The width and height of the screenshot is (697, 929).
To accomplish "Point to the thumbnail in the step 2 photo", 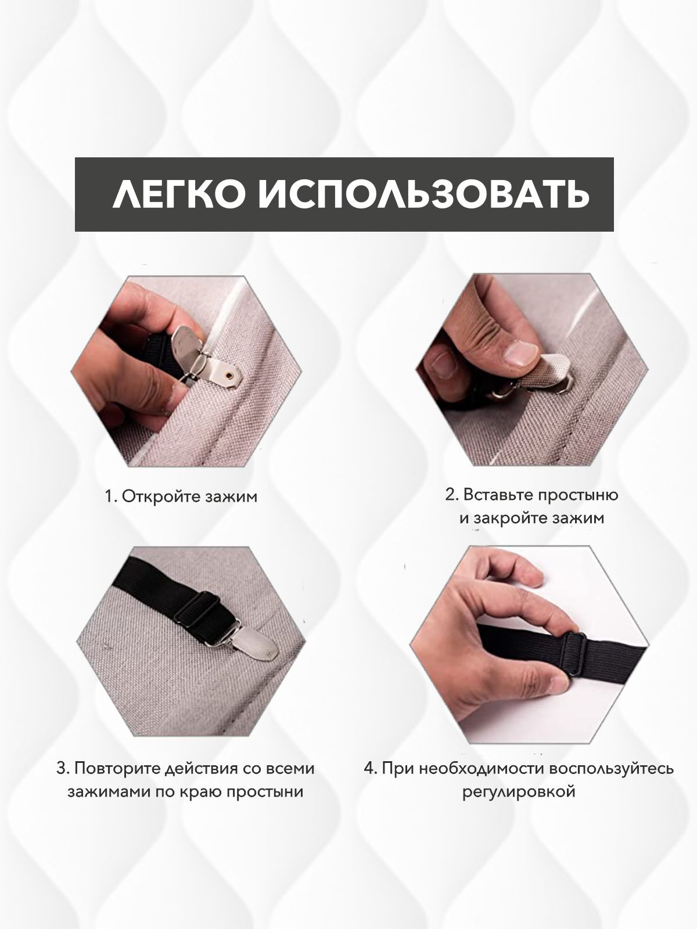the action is (522, 354).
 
